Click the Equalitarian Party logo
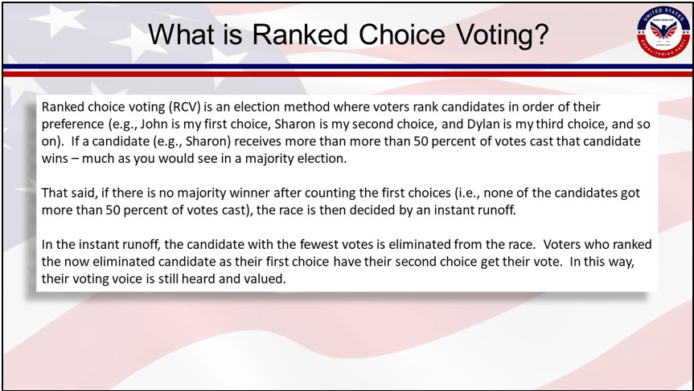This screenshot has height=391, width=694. tap(663, 32)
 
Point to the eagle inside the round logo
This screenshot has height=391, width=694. tap(663, 30)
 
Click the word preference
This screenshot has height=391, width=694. tap(73, 124)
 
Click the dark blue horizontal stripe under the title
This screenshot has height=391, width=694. tap(347, 67)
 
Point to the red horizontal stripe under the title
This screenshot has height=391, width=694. tap(347, 74)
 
